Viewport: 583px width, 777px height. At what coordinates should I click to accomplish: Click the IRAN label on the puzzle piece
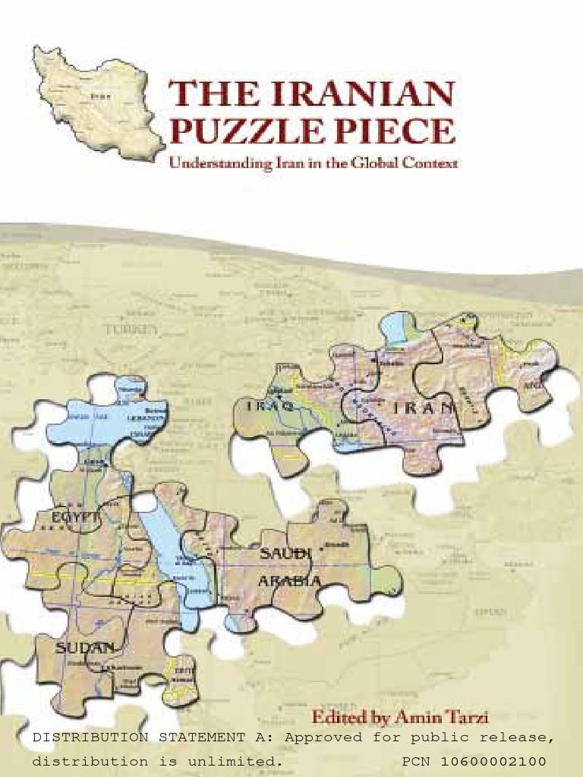tap(424, 409)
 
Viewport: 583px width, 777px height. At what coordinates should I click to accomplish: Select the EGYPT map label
tap(75, 517)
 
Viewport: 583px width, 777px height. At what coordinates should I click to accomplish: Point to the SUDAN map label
tap(85, 647)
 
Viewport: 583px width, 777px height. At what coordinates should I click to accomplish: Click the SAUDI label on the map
tap(286, 555)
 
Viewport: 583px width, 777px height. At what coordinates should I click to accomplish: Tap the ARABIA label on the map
tap(288, 581)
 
